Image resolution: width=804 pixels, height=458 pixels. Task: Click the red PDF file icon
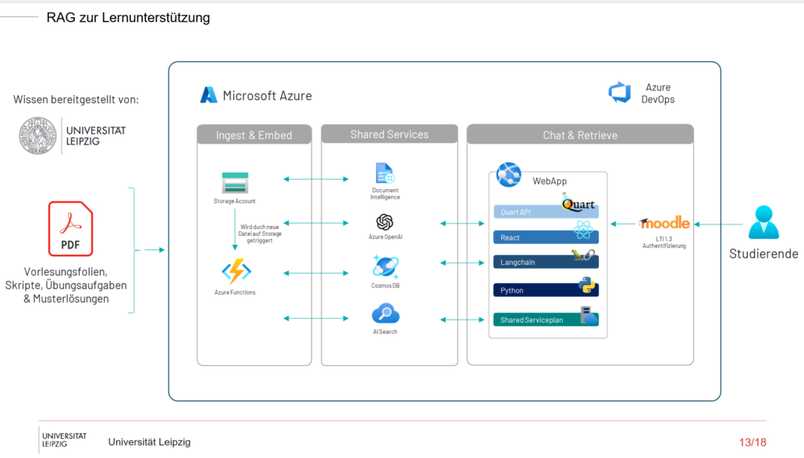coord(71,228)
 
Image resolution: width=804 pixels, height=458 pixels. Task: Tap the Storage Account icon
coord(235,183)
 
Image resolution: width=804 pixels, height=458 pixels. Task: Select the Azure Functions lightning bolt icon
coord(236,271)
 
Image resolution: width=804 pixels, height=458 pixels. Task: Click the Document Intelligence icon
coord(385,173)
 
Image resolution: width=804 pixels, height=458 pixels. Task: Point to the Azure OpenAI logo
coord(385,222)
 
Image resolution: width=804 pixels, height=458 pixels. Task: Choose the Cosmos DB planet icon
coord(385,267)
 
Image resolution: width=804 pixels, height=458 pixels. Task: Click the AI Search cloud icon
coord(385,313)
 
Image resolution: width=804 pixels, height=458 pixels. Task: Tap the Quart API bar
coord(546,212)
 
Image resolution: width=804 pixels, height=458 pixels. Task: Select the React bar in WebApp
coord(546,238)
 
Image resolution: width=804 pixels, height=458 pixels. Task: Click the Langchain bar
coord(546,262)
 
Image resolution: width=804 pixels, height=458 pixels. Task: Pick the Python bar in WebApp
coord(546,290)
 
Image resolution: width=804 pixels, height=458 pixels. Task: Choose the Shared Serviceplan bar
coord(546,320)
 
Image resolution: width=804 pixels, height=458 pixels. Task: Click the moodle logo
coord(664,223)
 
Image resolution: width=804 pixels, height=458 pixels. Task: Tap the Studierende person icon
coord(763,222)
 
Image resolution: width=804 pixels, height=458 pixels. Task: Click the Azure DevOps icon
coord(620,92)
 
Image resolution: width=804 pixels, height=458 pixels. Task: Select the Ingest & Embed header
coord(254,134)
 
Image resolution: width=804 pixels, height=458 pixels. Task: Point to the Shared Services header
coord(390,134)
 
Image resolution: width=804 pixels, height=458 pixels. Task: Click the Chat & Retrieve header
coord(580,134)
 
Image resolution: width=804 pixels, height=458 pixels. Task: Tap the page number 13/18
coord(752,442)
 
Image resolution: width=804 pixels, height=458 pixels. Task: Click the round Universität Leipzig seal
coord(37,135)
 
